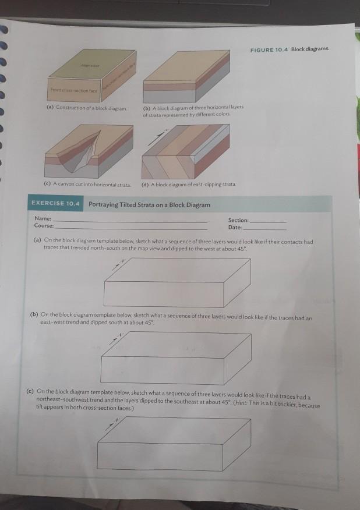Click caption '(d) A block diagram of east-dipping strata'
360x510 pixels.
click(188, 184)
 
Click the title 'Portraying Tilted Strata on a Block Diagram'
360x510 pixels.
click(149, 204)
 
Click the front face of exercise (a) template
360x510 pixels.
click(164, 294)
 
